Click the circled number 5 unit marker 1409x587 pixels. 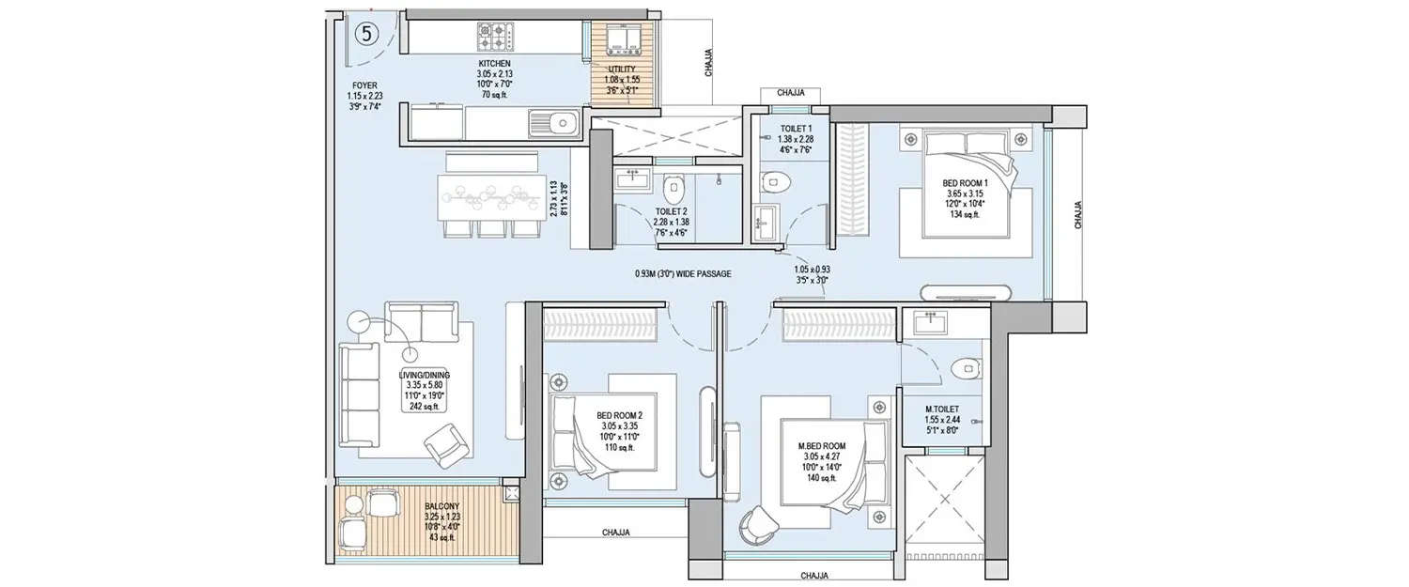367,33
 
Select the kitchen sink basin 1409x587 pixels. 562,122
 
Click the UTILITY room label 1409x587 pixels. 621,70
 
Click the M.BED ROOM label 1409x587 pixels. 821,445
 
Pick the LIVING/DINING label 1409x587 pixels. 398,374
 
